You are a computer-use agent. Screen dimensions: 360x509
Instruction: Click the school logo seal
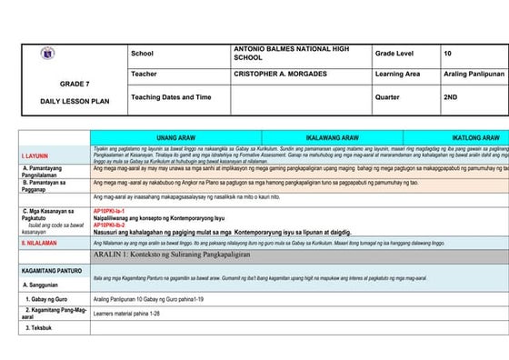pos(46,55)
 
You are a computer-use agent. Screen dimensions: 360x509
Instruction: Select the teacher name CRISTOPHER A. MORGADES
pos(281,74)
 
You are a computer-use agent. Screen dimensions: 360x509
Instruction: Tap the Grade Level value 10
pos(447,55)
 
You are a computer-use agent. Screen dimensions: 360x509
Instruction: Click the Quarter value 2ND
pos(450,95)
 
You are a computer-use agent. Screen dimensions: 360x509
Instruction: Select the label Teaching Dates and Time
pos(171,95)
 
